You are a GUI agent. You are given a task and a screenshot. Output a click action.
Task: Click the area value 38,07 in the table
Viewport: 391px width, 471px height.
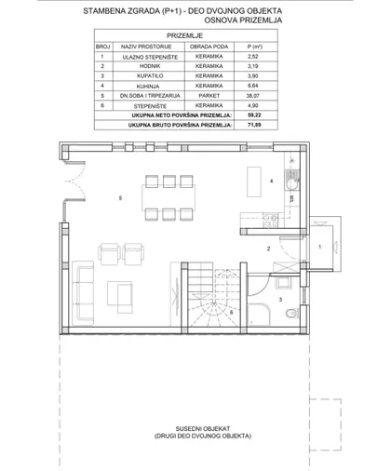pyautogui.click(x=253, y=96)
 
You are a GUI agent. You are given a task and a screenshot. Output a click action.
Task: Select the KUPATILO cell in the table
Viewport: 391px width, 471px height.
pyautogui.click(x=150, y=75)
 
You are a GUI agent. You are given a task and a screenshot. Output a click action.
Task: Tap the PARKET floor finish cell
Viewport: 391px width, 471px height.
pyautogui.click(x=209, y=96)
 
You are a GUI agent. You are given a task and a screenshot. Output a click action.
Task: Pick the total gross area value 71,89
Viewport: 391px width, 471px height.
pyautogui.click(x=254, y=125)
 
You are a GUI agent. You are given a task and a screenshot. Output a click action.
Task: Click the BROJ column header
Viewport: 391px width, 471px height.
pyautogui.click(x=103, y=47)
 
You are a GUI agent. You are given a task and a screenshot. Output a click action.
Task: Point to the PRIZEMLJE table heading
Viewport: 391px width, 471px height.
pyautogui.click(x=185, y=35)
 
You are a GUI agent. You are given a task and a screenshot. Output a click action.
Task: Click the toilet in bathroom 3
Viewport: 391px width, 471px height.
pyautogui.click(x=292, y=313)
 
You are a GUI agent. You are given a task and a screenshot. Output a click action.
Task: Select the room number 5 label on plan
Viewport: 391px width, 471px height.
pyautogui.click(x=120, y=198)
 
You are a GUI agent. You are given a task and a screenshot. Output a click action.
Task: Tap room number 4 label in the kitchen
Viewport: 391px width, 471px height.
pyautogui.click(x=272, y=181)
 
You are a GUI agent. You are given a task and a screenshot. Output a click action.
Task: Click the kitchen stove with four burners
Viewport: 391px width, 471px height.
pyautogui.click(x=270, y=221)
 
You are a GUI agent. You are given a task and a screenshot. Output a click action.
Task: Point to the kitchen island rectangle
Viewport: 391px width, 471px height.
pyautogui.click(x=254, y=182)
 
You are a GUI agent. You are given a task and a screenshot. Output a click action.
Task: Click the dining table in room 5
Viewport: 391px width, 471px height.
pyautogui.click(x=169, y=197)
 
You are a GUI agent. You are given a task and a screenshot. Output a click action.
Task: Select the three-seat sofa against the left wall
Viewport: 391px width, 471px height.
pyautogui.click(x=83, y=292)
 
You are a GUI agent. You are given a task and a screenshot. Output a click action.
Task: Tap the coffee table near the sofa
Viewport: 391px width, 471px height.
pyautogui.click(x=120, y=297)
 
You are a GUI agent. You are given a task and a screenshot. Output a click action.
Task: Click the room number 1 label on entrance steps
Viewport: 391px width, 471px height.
pyautogui.click(x=319, y=247)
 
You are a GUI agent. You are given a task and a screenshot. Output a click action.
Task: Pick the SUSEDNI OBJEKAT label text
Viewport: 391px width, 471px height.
pyautogui.click(x=203, y=429)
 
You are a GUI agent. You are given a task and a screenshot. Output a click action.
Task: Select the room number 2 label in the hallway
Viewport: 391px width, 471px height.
pyautogui.click(x=268, y=249)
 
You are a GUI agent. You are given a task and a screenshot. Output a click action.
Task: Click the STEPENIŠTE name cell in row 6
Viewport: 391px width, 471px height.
pyautogui.click(x=150, y=106)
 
